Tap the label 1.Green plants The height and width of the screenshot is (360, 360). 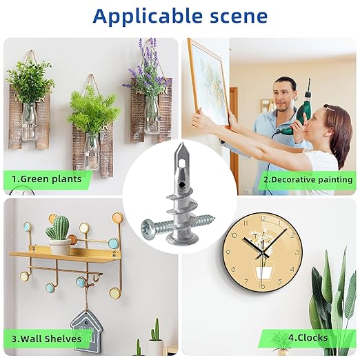[x=46, y=179]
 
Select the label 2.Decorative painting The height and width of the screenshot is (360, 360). [x=308, y=179]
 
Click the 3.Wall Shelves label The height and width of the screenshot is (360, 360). [x=47, y=339]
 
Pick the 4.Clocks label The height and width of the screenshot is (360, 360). [x=308, y=338]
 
